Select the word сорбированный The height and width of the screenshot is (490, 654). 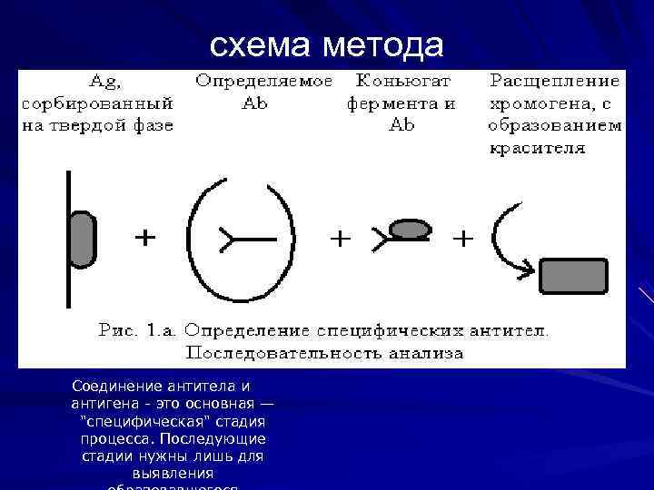tap(97, 103)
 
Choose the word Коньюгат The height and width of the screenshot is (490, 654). tap(401, 80)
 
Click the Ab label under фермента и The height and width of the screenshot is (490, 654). tap(401, 125)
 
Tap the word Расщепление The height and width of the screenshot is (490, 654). tap(555, 80)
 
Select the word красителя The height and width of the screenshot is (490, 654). tap(538, 148)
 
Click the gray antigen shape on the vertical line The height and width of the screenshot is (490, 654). tap(82, 239)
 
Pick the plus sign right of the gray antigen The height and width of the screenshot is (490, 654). tap(144, 238)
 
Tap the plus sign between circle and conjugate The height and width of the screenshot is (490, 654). tap(340, 239)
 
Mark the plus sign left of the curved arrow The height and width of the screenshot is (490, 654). tap(462, 239)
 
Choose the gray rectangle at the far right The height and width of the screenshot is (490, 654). tap(573, 276)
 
